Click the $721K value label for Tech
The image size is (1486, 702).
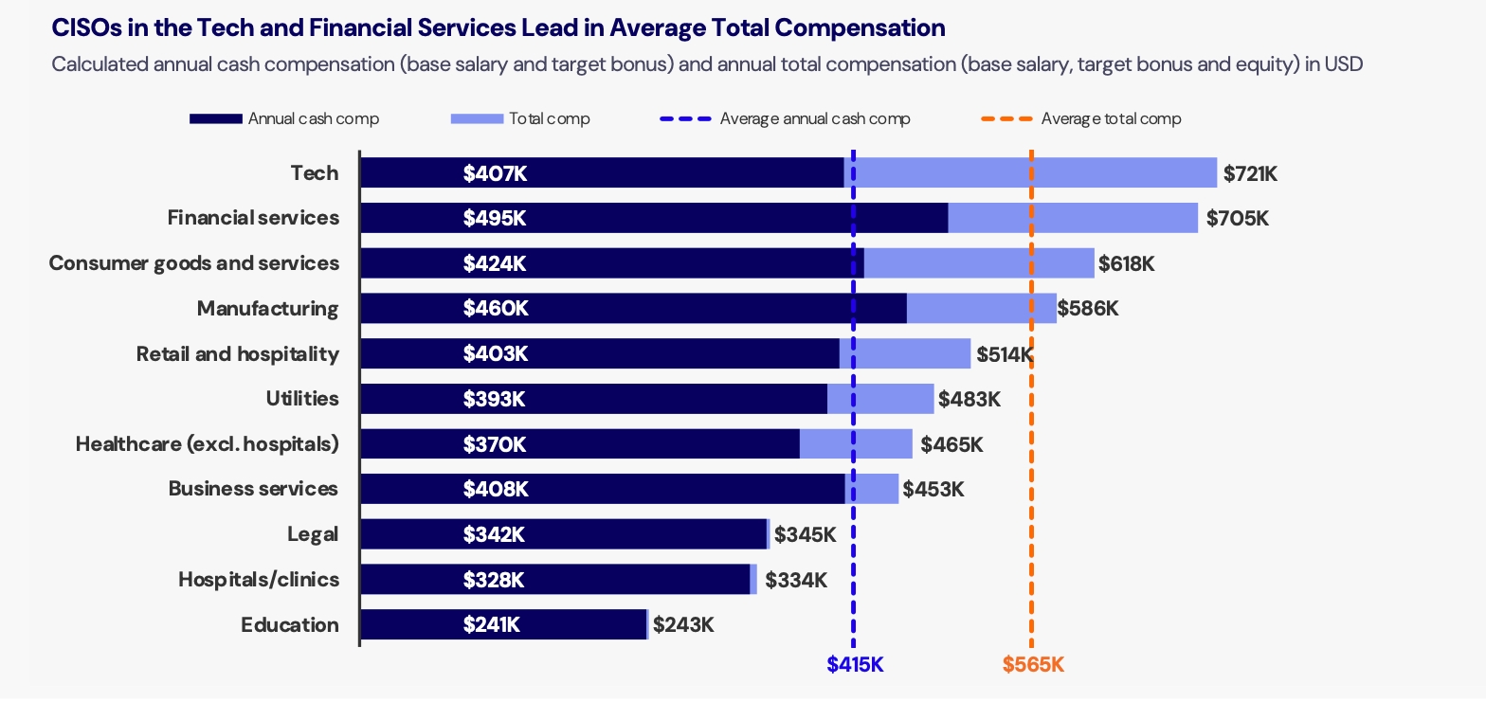tap(1250, 173)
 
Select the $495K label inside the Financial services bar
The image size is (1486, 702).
tap(494, 218)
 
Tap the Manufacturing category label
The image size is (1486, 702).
tap(267, 309)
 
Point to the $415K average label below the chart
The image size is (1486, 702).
tap(855, 665)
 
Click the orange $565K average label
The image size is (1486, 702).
tap(1033, 665)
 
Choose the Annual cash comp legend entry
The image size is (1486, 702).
tap(284, 119)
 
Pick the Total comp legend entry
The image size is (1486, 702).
tap(520, 119)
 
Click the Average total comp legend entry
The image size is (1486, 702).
tap(1080, 119)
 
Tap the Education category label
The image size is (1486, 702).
tap(289, 625)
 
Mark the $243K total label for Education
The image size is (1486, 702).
tap(682, 625)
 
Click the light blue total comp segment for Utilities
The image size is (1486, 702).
tap(880, 399)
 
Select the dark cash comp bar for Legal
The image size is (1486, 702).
tap(563, 534)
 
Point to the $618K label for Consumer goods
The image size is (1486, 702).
tap(1126, 263)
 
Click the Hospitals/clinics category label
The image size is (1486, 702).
tap(259, 580)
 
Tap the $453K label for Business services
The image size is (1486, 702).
tap(933, 490)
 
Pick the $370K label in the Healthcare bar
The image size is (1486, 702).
tap(494, 444)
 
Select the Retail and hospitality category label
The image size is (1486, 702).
tap(237, 354)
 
